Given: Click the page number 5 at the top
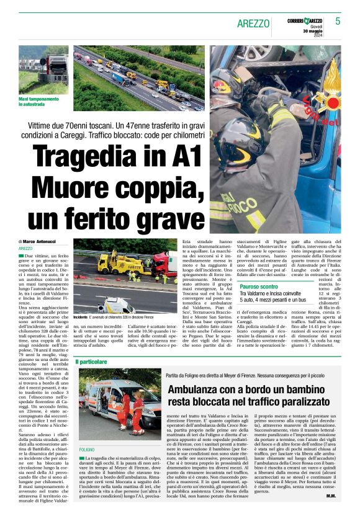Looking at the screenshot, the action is click(x=338, y=21).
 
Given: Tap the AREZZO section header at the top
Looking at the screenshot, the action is click(x=254, y=24).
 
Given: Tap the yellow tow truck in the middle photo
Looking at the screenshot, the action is click(x=121, y=262).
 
